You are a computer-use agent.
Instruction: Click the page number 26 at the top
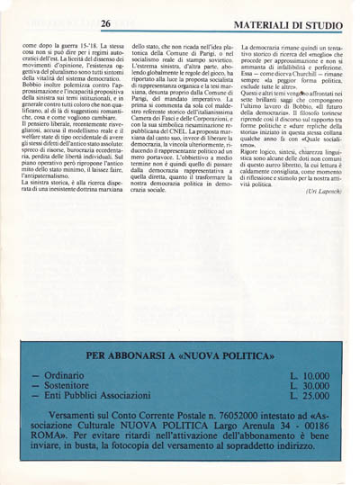pyautogui.click(x=106, y=23)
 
